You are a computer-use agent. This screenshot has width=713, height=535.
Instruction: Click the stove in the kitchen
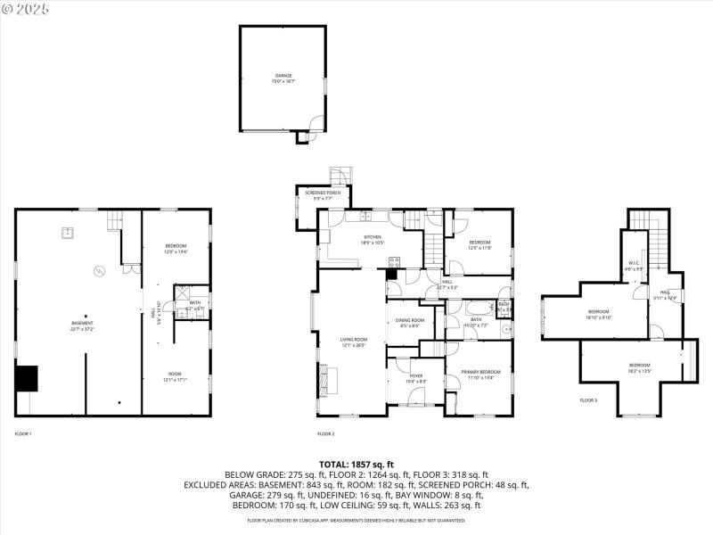coord(393,261)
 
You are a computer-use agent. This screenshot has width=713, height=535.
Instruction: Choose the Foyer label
coord(416,378)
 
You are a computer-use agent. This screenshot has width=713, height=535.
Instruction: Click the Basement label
coord(82,325)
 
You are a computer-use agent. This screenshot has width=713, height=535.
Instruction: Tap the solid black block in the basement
coord(27,378)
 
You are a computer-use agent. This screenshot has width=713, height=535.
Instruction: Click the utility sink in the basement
coord(68,234)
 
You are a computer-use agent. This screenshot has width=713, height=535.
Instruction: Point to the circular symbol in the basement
coord(100,270)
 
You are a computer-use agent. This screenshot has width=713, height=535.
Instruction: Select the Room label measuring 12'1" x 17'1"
coord(176,376)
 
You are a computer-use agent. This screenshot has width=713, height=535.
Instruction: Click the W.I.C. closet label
coord(635,265)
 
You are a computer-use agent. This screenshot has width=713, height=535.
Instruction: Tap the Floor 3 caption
coord(588,400)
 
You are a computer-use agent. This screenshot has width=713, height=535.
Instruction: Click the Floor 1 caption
coord(23,433)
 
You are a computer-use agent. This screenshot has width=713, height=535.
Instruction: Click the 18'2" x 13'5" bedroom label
coord(640,367)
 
